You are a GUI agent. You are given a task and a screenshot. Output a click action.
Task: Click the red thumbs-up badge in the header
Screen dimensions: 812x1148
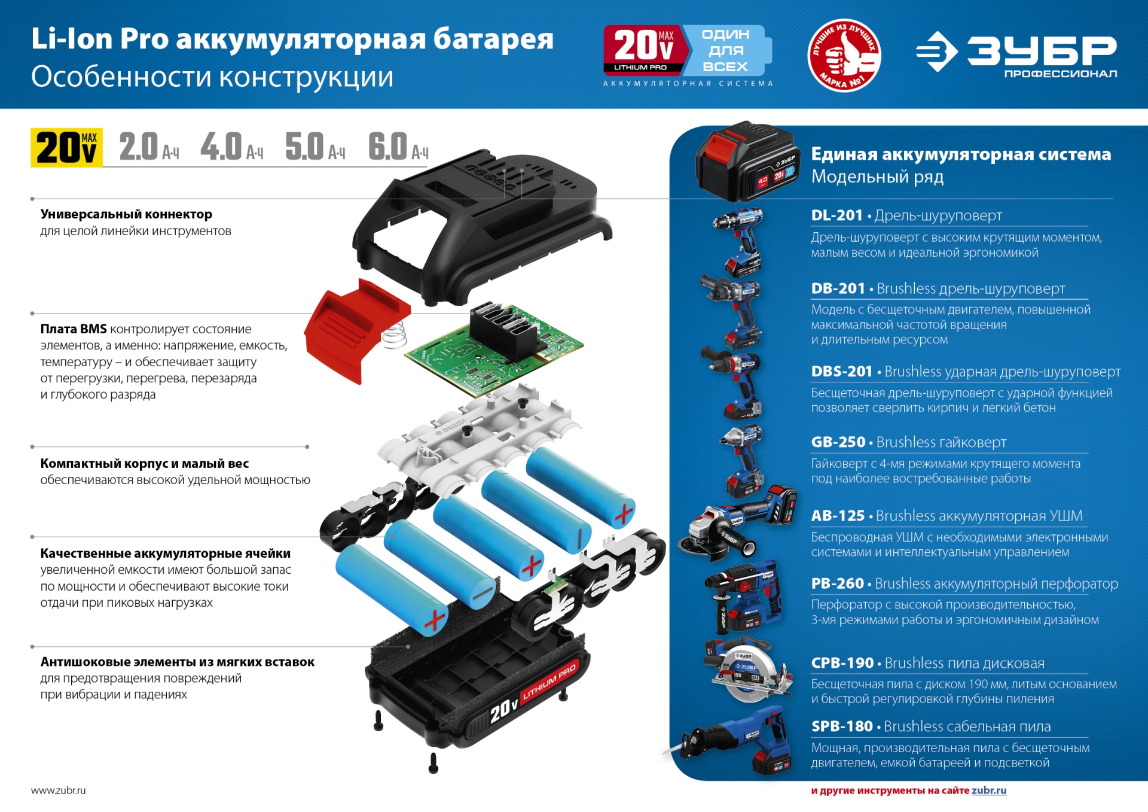point(844,55)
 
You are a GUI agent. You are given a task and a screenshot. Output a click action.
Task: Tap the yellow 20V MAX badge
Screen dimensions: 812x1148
point(66,147)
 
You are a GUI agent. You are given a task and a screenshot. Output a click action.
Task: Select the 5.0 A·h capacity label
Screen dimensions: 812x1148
point(315,147)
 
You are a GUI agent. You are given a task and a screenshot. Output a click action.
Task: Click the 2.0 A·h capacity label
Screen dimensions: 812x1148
point(149,147)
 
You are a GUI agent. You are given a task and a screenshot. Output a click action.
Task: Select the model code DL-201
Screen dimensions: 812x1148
point(836,215)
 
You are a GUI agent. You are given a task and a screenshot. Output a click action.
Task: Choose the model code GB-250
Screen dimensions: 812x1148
point(838,442)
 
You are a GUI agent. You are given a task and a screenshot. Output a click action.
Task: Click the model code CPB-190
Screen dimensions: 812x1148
point(842,663)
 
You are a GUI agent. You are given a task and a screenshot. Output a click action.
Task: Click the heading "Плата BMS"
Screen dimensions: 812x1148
point(74,329)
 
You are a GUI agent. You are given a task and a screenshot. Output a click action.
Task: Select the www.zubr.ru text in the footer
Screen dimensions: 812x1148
point(58,790)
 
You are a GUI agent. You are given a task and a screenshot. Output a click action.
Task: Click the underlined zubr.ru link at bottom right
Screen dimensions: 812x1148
point(989,790)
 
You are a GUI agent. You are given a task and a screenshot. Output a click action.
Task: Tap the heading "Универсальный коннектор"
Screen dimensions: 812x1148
point(126,214)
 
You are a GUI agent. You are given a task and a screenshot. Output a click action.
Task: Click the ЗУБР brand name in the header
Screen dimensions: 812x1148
point(1042,50)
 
